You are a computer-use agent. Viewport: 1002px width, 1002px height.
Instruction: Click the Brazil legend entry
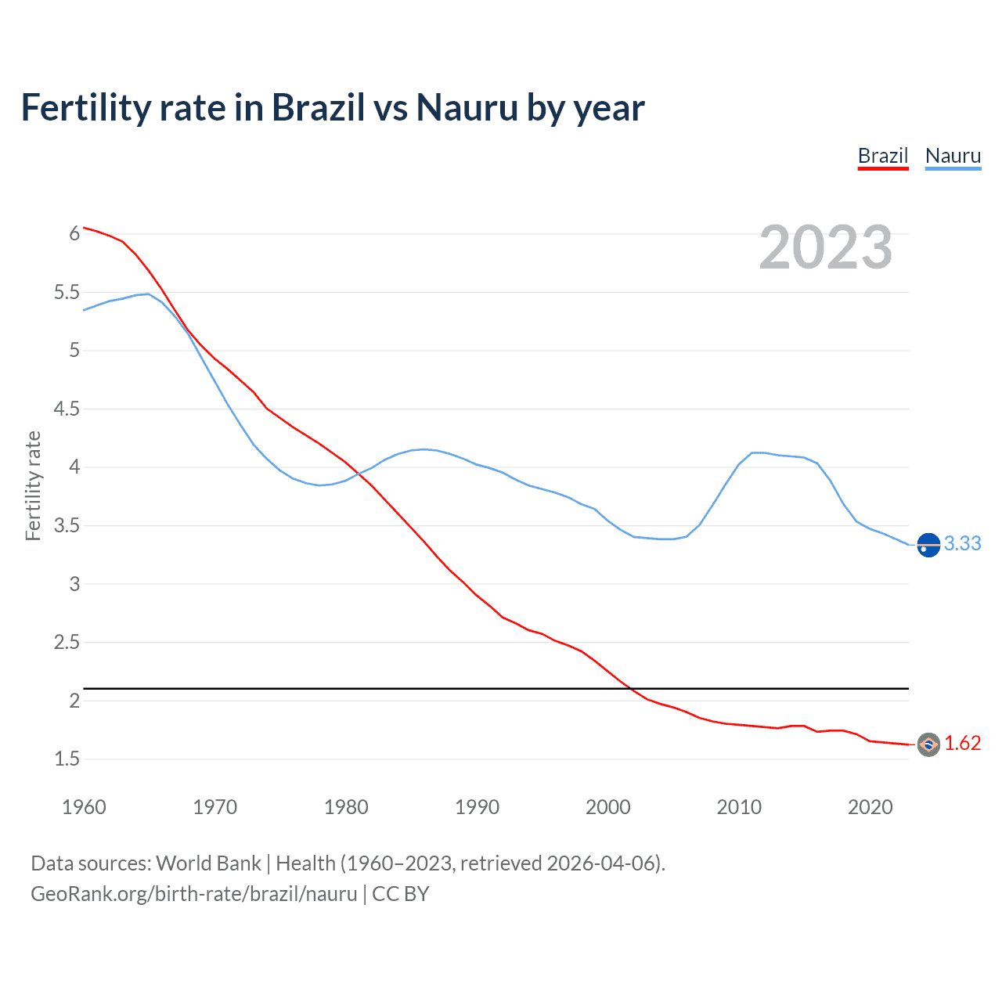[x=882, y=156]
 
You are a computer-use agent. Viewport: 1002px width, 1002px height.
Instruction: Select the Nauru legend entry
[x=953, y=156]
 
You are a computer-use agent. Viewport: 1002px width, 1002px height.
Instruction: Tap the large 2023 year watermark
[x=826, y=247]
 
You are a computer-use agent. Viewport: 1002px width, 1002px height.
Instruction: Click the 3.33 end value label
[x=962, y=543]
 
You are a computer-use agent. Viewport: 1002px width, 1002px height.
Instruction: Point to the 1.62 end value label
[x=962, y=743]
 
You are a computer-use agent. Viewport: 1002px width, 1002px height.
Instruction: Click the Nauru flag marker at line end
[x=928, y=544]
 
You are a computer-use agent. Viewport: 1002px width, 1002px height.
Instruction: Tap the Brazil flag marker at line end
[x=928, y=744]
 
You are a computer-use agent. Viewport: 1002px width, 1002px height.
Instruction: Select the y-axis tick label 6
[x=74, y=233]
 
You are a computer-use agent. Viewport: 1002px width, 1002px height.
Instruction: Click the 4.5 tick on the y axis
[x=67, y=409]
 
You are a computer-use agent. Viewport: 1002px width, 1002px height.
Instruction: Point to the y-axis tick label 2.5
[x=67, y=642]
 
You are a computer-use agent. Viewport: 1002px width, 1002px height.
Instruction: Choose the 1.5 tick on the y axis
[x=67, y=759]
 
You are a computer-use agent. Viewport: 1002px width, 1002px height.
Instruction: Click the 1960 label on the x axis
[x=84, y=807]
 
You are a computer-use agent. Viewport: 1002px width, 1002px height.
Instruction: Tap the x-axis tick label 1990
[x=477, y=807]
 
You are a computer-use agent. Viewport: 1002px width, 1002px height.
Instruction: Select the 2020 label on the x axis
[x=870, y=807]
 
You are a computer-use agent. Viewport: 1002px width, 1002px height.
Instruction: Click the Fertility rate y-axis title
[x=33, y=485]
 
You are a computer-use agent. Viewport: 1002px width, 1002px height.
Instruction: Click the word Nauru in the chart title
[x=467, y=107]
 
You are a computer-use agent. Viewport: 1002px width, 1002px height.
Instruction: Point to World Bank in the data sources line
[x=208, y=863]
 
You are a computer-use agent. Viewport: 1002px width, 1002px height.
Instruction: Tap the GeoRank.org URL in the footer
[x=193, y=893]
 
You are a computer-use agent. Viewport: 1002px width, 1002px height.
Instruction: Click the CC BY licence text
[x=400, y=893]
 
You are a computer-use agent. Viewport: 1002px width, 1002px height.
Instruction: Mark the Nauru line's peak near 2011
[x=754, y=452]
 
